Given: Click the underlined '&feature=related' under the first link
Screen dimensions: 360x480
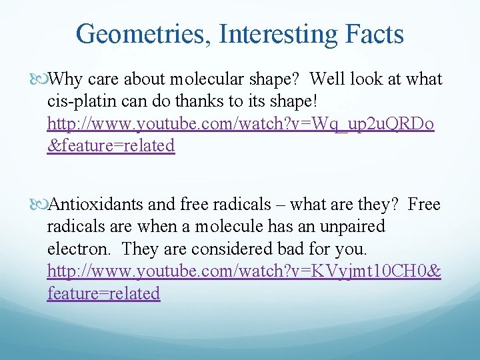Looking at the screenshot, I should pyautogui.click(x=111, y=146).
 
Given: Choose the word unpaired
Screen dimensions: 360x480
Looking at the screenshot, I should pyautogui.click(x=353, y=227).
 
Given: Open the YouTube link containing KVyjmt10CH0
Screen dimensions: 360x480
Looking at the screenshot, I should pyautogui.click(x=244, y=271).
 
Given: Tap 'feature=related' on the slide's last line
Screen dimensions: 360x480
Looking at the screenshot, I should pyautogui.click(x=104, y=293).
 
